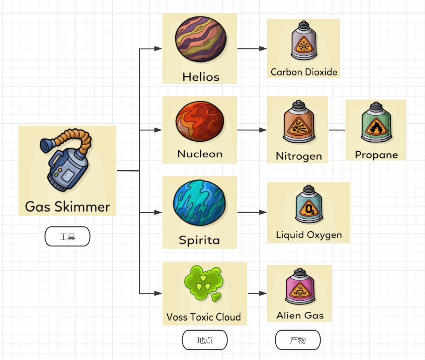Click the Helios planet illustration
click(200, 39)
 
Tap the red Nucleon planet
click(200, 122)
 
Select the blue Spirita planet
click(199, 203)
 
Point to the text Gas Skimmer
click(67, 207)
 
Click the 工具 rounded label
click(67, 237)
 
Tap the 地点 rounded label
click(205, 340)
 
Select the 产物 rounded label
click(298, 340)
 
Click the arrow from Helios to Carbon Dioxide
click(252, 49)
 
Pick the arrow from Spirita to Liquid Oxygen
click(252, 212)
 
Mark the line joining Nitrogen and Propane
click(337, 130)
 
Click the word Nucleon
click(200, 154)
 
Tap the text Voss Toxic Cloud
click(204, 317)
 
